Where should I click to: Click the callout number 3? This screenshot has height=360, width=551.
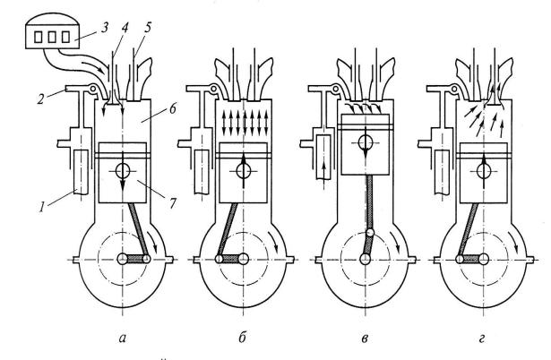pyautogui.click(x=104, y=28)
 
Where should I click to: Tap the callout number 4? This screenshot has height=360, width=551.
pyautogui.click(x=125, y=28)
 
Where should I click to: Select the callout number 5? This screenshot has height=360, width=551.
pyautogui.click(x=148, y=28)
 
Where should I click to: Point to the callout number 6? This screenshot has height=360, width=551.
pyautogui.click(x=173, y=109)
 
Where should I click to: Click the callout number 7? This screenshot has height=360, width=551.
pyautogui.click(x=172, y=202)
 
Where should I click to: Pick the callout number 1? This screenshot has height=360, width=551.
pyautogui.click(x=42, y=207)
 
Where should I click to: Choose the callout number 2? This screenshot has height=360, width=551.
pyautogui.click(x=41, y=99)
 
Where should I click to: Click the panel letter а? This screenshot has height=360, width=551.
pyautogui.click(x=122, y=339)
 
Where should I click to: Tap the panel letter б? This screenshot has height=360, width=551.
pyautogui.click(x=242, y=337)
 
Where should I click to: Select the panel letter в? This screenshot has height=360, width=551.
pyautogui.click(x=365, y=339)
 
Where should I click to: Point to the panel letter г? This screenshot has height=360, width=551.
pyautogui.click(x=482, y=339)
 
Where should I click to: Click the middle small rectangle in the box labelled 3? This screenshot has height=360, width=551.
pyautogui.click(x=52, y=37)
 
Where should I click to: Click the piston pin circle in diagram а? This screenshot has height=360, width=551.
pyautogui.click(x=123, y=171)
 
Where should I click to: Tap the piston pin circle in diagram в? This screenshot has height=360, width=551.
pyautogui.click(x=366, y=142)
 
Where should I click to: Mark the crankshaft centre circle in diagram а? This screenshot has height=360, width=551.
pyautogui.click(x=123, y=259)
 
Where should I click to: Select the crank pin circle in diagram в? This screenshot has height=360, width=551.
pyautogui.click(x=370, y=233)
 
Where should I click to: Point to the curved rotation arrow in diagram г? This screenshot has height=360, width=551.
pyautogui.click(x=515, y=243)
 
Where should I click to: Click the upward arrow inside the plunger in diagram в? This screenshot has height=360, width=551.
pyautogui.click(x=323, y=171)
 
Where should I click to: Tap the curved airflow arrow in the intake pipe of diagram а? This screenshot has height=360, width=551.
pyautogui.click(x=93, y=67)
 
